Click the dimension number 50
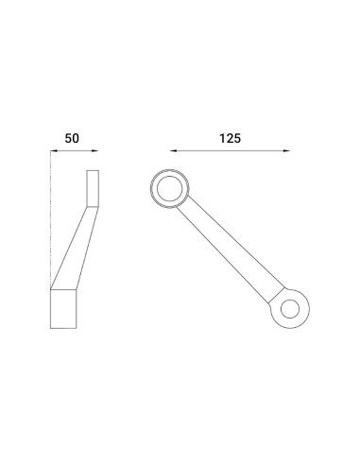(x=72, y=137)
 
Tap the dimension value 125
(x=229, y=137)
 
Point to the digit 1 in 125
(x=219, y=137)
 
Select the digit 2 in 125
(x=229, y=137)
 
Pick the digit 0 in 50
(x=76, y=137)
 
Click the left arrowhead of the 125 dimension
(x=173, y=150)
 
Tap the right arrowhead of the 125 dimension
(x=287, y=150)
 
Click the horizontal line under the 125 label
(x=230, y=150)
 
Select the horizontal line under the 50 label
(x=71, y=150)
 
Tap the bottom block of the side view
(x=62, y=308)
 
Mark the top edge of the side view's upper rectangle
(x=92, y=170)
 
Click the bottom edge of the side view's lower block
(x=62, y=327)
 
